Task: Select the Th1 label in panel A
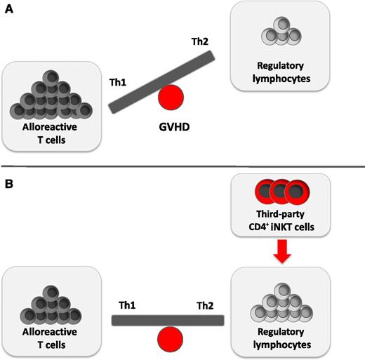tap(117, 82)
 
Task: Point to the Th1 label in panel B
tap(128, 307)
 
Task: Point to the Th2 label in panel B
tap(204, 307)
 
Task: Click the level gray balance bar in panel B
tap(168, 321)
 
